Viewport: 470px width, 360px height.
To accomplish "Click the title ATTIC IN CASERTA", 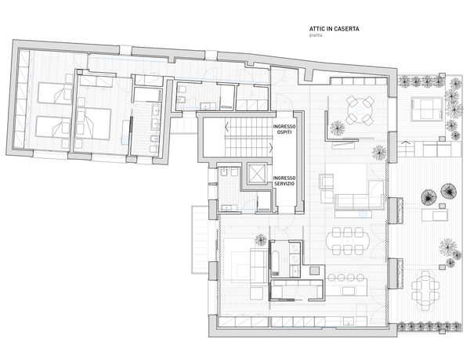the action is (x=334, y=29).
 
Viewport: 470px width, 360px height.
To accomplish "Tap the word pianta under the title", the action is (x=316, y=35).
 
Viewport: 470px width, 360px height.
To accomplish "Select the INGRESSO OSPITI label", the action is (x=284, y=129).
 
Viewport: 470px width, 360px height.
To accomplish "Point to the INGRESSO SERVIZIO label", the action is (x=284, y=181).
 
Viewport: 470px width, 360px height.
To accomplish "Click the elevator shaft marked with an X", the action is (x=257, y=174).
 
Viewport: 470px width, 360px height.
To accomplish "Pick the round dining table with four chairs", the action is (x=360, y=110).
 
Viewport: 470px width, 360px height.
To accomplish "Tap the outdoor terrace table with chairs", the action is (x=425, y=290).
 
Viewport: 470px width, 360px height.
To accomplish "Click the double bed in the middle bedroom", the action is (x=94, y=124).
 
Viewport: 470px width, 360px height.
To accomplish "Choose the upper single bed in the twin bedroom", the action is (x=55, y=92).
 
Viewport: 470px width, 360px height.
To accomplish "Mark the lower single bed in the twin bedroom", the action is (x=53, y=127).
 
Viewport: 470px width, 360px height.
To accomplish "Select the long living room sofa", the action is (x=359, y=201).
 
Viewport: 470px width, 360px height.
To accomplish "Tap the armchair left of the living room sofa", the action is (x=326, y=182).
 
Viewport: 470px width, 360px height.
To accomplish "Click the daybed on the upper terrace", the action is (x=427, y=109).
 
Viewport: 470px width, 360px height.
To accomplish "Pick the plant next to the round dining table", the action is (x=338, y=128).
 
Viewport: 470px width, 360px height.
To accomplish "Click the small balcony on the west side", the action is (x=200, y=239).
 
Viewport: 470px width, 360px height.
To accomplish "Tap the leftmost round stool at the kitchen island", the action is (x=331, y=278).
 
